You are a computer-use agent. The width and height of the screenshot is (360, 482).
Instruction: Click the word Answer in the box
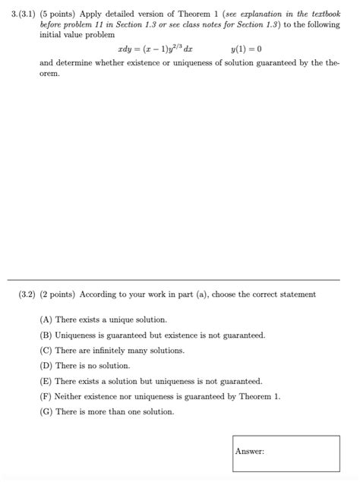pos(250,452)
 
